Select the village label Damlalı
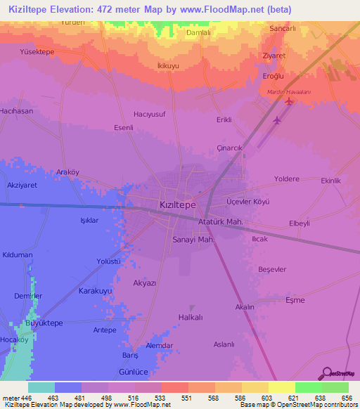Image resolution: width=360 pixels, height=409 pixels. click(198, 32)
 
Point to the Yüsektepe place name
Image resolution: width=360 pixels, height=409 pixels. click(37, 52)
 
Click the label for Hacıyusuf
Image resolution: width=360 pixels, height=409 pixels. click(150, 114)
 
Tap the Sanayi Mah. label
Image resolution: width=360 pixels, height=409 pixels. click(192, 239)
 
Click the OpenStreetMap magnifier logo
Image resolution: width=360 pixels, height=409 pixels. click(327, 373)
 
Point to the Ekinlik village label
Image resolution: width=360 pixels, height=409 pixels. click(330, 181)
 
